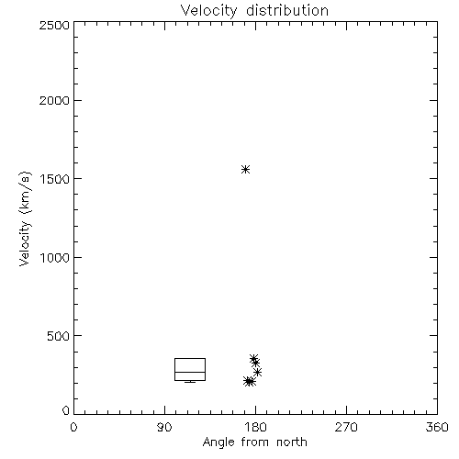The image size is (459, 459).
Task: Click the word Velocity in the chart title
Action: pyautogui.click(x=209, y=11)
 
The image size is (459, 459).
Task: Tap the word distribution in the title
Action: pyautogui.click(x=287, y=10)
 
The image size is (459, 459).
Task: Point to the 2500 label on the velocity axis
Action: pyautogui.click(x=55, y=25)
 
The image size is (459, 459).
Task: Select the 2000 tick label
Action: pyautogui.click(x=55, y=100)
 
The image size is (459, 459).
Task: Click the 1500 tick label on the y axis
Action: pyautogui.click(x=55, y=179)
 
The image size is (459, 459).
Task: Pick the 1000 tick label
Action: pyautogui.click(x=55, y=257)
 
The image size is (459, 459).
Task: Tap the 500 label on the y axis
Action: pyautogui.click(x=59, y=336)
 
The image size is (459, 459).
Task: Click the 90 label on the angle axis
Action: pyautogui.click(x=164, y=427)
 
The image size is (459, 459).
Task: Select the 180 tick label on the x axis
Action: pyautogui.click(x=255, y=427)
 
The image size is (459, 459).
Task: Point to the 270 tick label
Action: pyautogui.click(x=346, y=427)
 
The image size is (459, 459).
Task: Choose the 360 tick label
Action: pyautogui.click(x=437, y=427)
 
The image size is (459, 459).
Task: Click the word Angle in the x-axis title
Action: pyautogui.click(x=218, y=442)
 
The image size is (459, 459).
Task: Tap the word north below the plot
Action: pyautogui.click(x=292, y=442)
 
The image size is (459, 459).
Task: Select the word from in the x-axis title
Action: pyautogui.click(x=255, y=442)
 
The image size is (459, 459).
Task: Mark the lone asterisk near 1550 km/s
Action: pyautogui.click(x=245, y=169)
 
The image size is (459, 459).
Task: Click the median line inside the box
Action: pyautogui.click(x=190, y=372)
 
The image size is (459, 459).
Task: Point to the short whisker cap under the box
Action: pyautogui.click(x=190, y=382)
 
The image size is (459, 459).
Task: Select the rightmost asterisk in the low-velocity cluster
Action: pyautogui.click(x=258, y=372)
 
